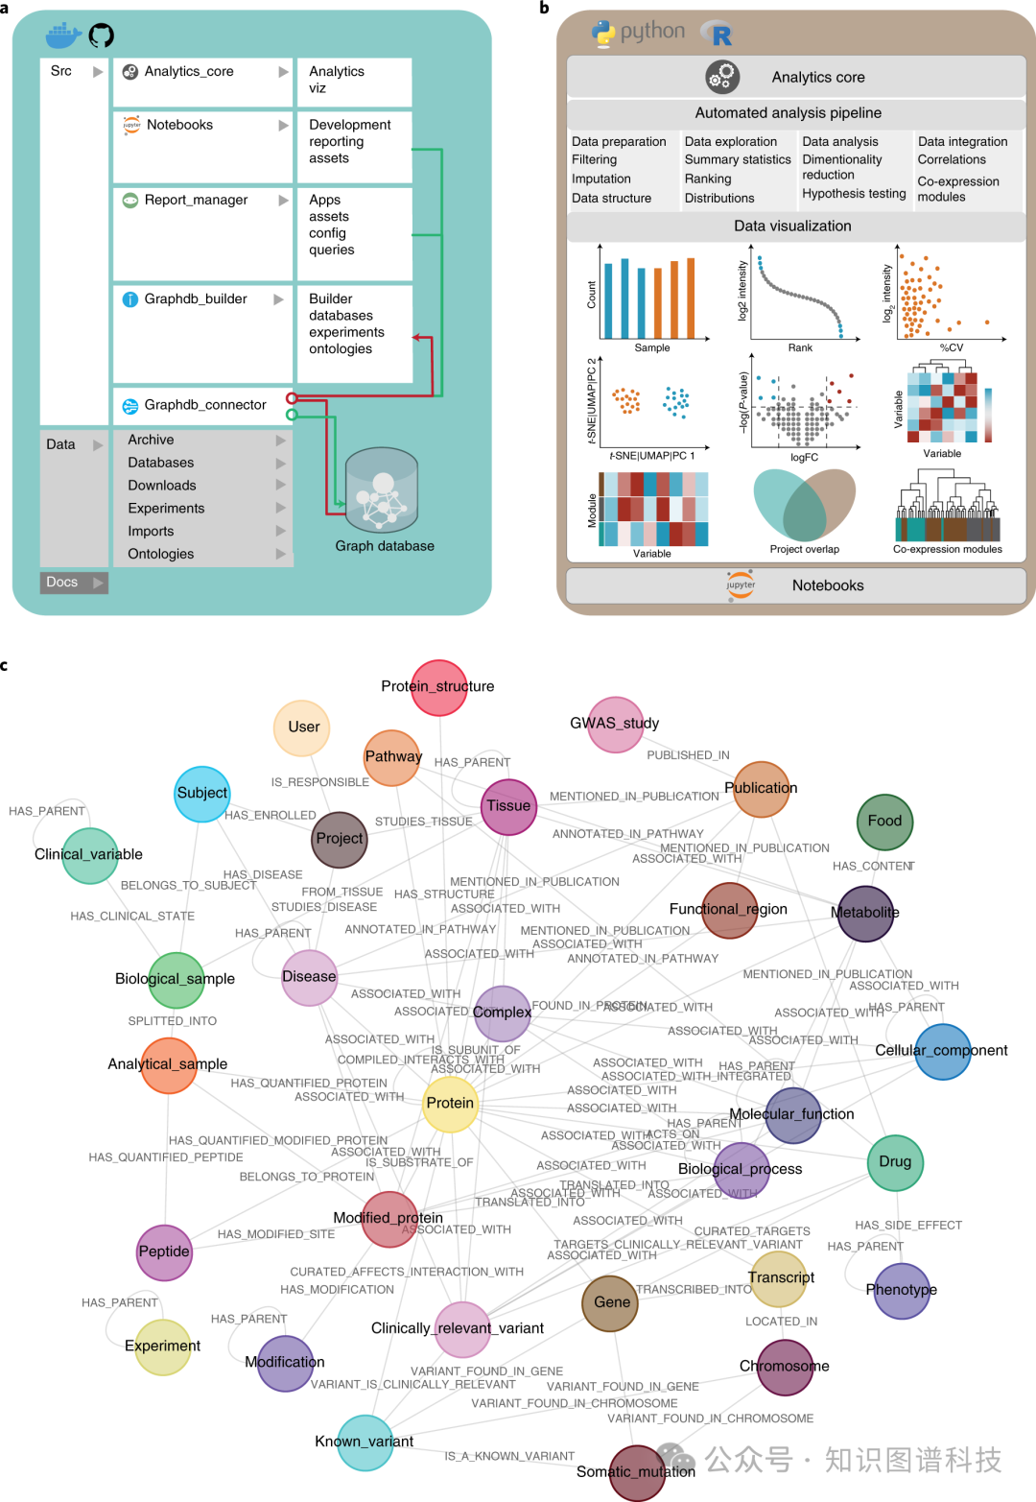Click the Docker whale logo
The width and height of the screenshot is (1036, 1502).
tap(63, 36)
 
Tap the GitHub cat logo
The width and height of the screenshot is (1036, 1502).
tap(101, 36)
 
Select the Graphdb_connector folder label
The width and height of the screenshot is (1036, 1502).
tap(204, 405)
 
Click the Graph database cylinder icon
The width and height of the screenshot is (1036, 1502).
tap(382, 489)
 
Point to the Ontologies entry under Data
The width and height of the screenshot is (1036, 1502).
tap(161, 554)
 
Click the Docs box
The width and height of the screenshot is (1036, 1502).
tap(74, 582)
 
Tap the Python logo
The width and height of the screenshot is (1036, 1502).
tap(603, 34)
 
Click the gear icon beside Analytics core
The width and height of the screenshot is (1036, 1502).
tap(721, 77)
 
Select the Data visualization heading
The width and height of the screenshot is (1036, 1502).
tap(792, 226)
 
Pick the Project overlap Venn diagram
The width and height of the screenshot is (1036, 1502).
tap(804, 505)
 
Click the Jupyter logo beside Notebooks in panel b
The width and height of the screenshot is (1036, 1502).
tap(741, 584)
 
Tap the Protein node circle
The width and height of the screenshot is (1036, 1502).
tap(450, 1103)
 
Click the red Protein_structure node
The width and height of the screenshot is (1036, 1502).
tap(438, 687)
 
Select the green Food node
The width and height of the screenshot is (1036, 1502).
tap(884, 822)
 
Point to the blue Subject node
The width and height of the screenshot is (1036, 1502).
tap(201, 794)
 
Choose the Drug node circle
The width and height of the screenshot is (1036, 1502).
tap(895, 1162)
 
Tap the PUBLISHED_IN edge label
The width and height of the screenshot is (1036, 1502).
tap(688, 755)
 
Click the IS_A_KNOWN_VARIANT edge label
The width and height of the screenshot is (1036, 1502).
tap(509, 1456)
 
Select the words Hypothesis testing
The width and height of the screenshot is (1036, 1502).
tap(854, 194)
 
